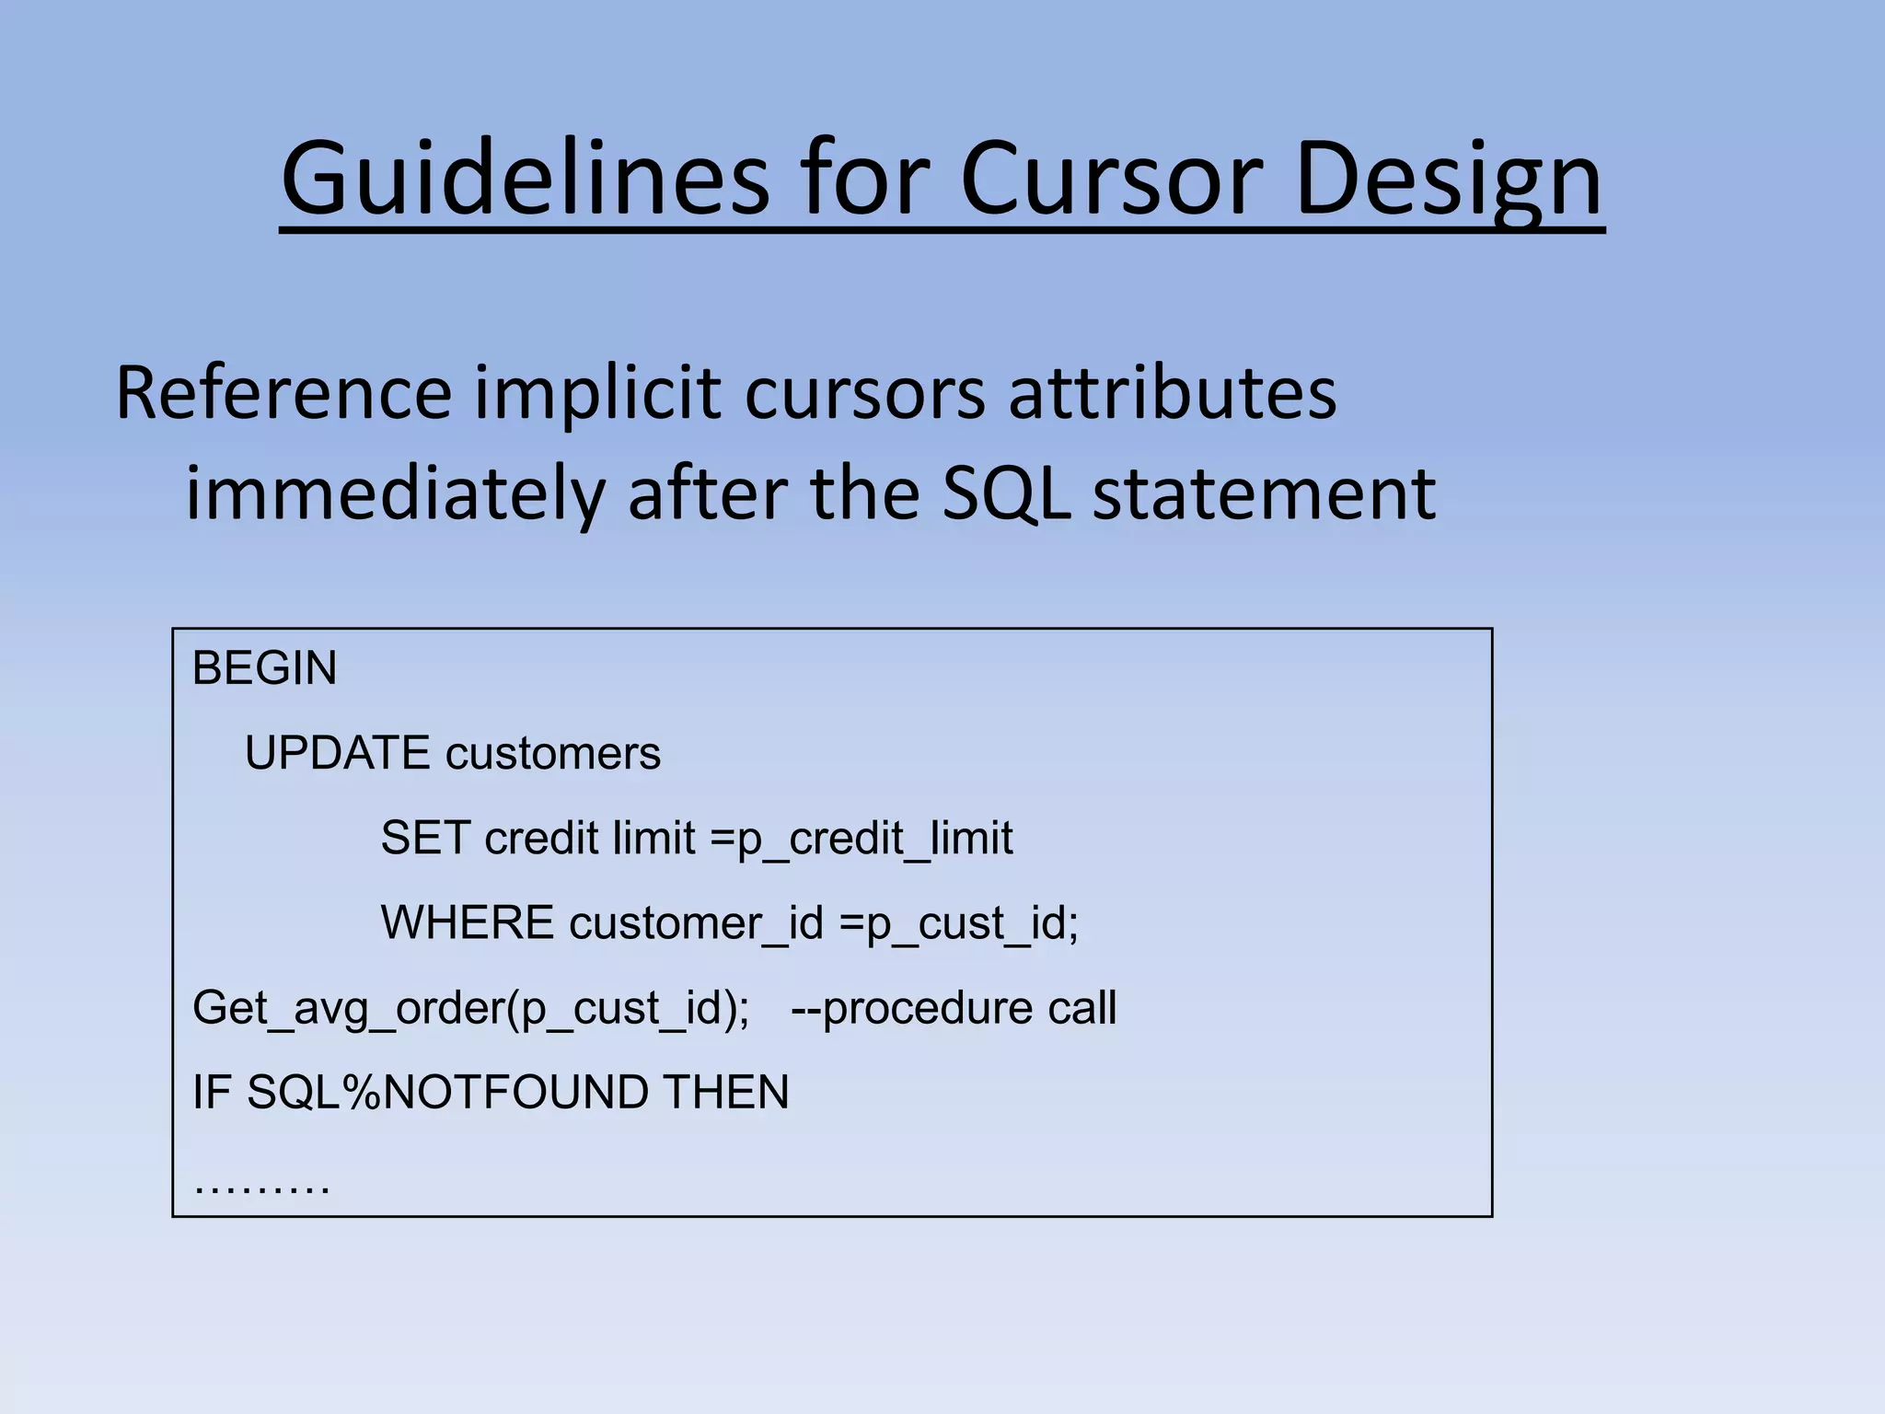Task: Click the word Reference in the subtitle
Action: [x=283, y=394]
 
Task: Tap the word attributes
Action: [x=1172, y=394]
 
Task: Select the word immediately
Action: [x=394, y=494]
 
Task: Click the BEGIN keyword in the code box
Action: [x=264, y=668]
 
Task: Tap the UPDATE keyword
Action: [x=337, y=753]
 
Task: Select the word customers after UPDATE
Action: [x=552, y=753]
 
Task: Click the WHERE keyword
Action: [x=468, y=922]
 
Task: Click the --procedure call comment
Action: [x=954, y=1008]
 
